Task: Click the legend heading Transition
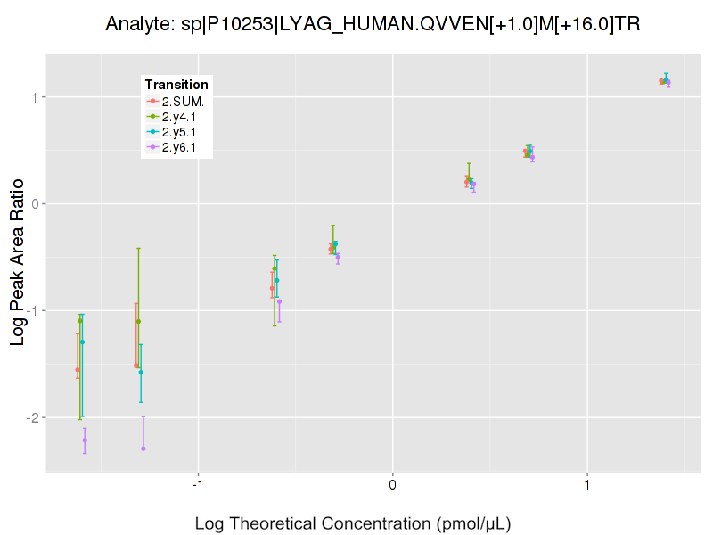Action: pyautogui.click(x=176, y=85)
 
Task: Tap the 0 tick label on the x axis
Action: pyautogui.click(x=392, y=485)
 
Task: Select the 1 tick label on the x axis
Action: pyautogui.click(x=587, y=485)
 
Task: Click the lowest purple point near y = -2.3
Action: pyautogui.click(x=143, y=449)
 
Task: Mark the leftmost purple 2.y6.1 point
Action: pyautogui.click(x=85, y=440)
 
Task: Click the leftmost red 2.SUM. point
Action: pyautogui.click(x=78, y=370)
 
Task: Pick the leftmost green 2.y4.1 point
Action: pyautogui.click(x=80, y=321)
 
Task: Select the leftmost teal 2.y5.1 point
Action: pyautogui.click(x=82, y=342)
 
